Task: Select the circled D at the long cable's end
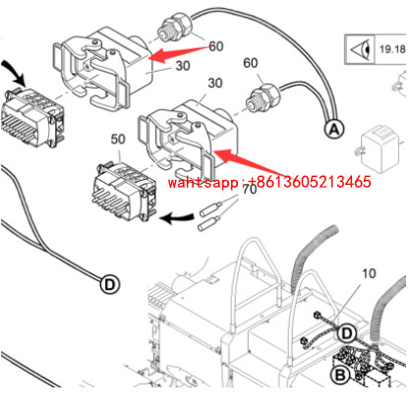[x=109, y=284]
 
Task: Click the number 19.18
[x=395, y=46]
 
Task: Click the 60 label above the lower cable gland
[x=251, y=63]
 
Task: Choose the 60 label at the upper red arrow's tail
[x=214, y=45]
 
